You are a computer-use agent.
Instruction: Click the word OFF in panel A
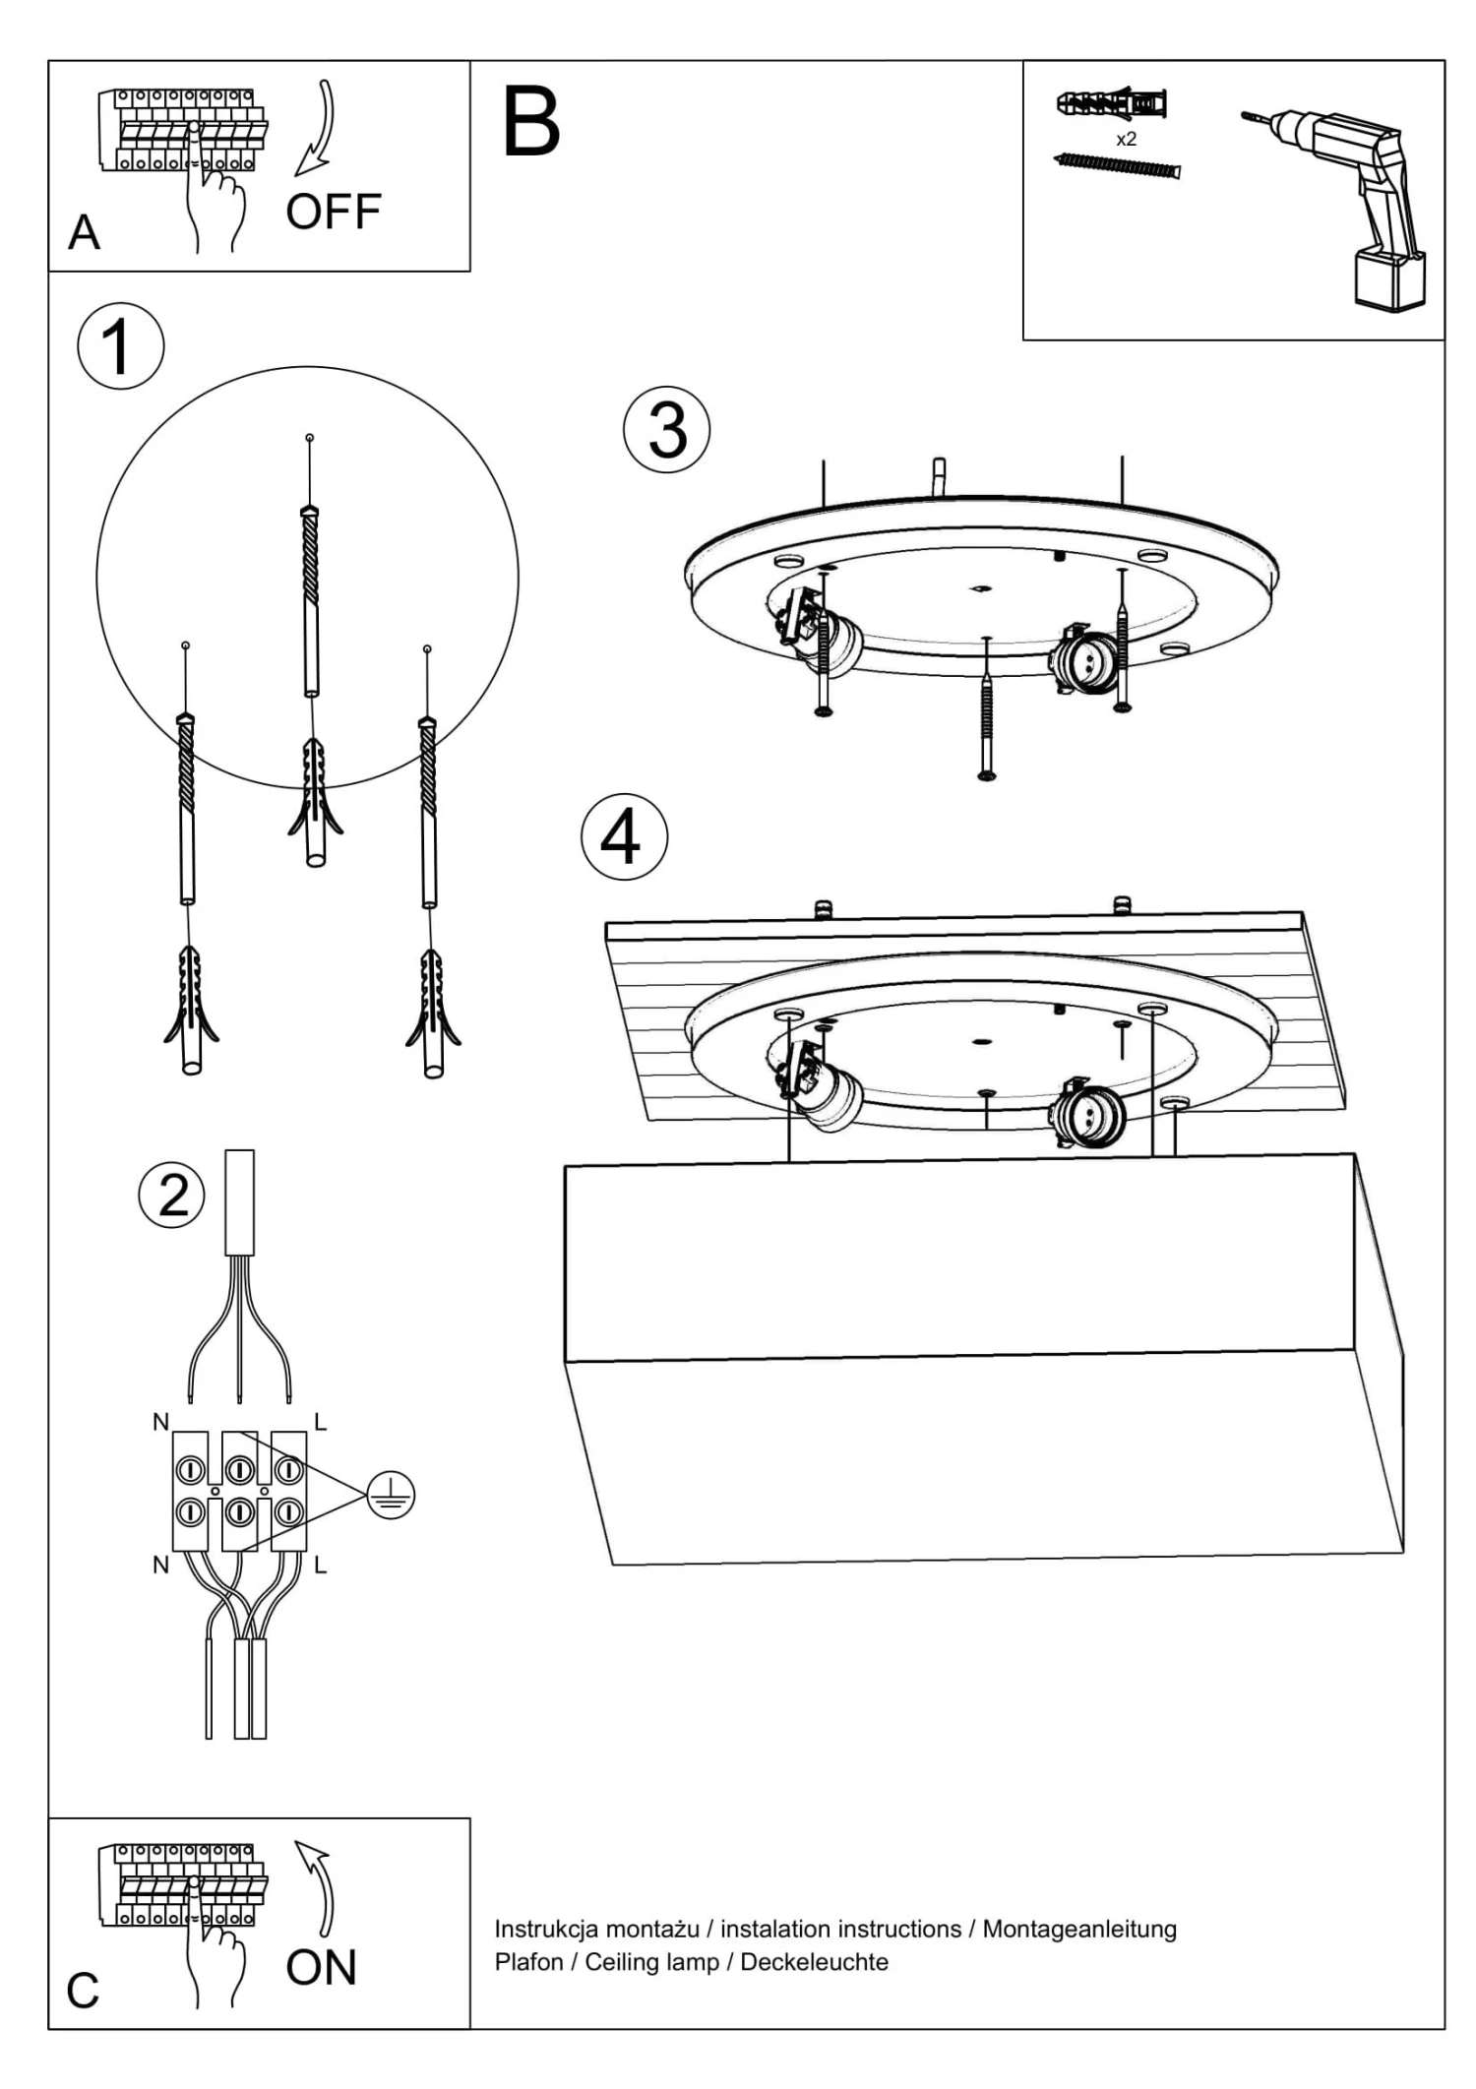[x=334, y=212]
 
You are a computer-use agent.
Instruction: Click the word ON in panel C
[x=321, y=1967]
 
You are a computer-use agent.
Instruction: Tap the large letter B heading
[x=531, y=123]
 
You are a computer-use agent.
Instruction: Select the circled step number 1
[x=120, y=346]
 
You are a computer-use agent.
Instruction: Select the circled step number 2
[x=172, y=1196]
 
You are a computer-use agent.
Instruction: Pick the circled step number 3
[x=667, y=431]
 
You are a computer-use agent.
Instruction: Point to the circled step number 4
[x=624, y=837]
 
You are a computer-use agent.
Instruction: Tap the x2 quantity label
[x=1126, y=140]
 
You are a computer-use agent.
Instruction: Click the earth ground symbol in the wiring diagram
[x=391, y=1497]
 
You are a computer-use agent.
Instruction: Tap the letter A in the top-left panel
[x=85, y=233]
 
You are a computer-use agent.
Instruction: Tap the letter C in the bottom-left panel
[x=83, y=1991]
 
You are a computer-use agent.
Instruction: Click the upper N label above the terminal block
[x=160, y=1422]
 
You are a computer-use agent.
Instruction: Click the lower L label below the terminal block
[x=320, y=1565]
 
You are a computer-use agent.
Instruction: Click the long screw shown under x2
[x=1117, y=166]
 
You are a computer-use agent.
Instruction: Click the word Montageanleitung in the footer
[x=1079, y=1929]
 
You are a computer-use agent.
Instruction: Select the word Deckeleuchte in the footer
[x=814, y=1962]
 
